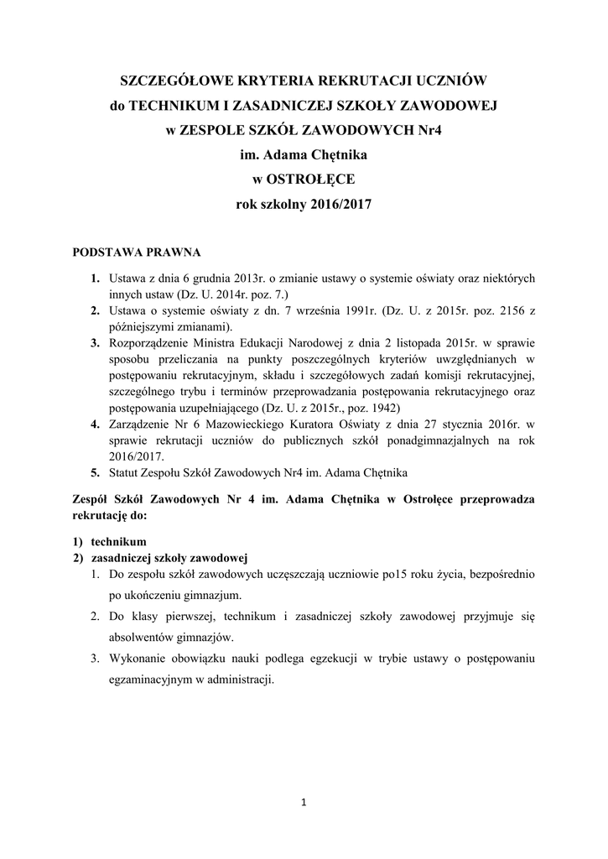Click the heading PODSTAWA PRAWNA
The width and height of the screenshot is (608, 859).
137,252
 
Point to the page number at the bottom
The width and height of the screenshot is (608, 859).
304,803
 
